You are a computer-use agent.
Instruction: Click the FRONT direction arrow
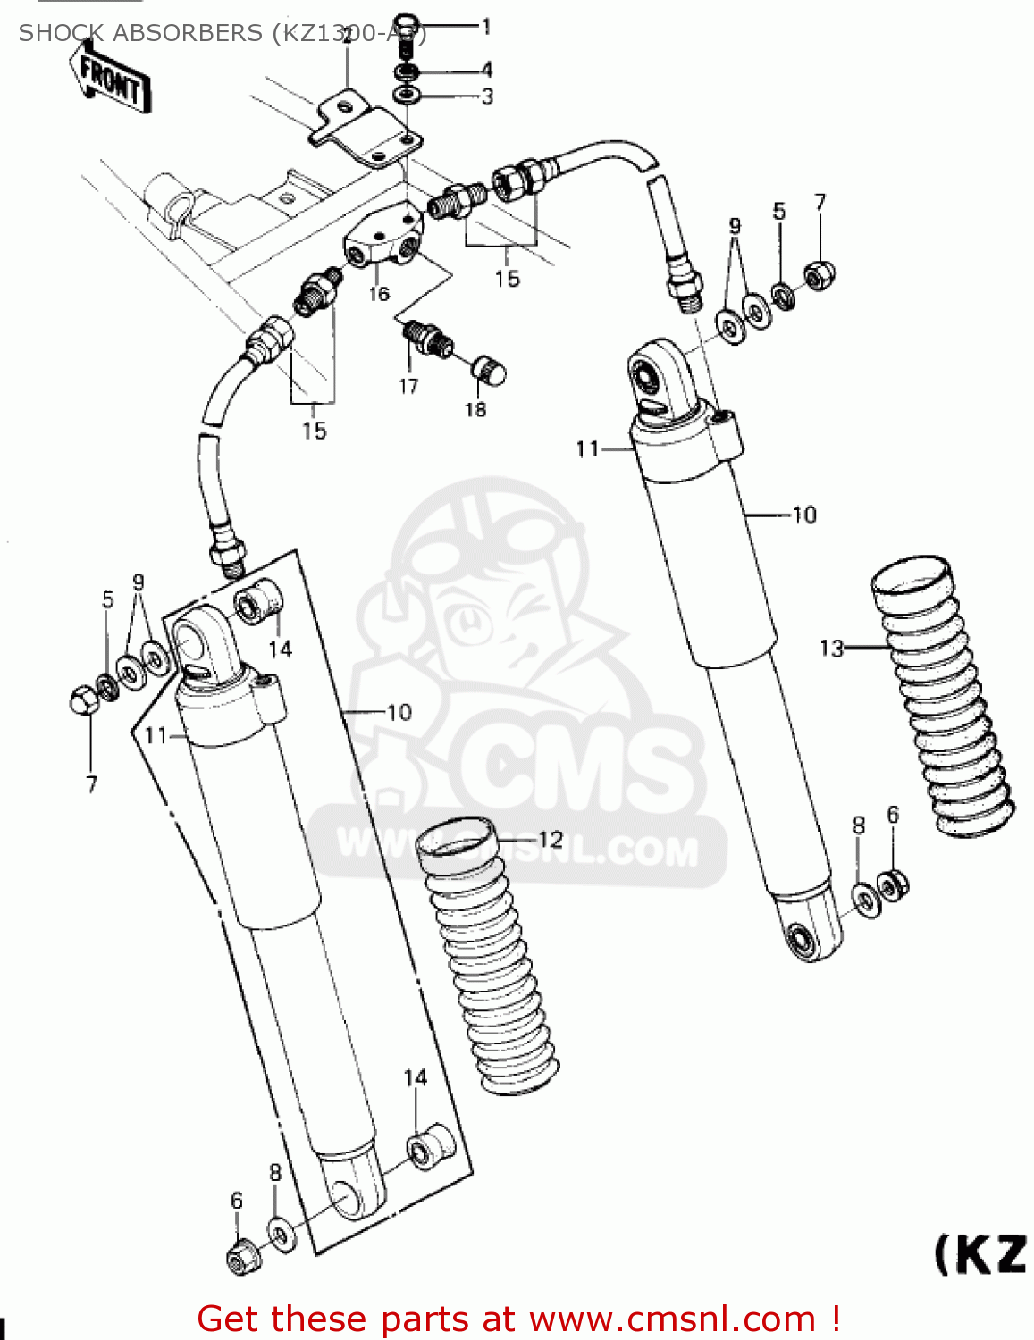[110, 80]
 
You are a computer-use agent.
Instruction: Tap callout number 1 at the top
[486, 27]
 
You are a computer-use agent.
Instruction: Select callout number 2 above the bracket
[346, 37]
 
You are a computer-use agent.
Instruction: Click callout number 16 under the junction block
[379, 294]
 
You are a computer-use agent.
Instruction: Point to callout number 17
[408, 386]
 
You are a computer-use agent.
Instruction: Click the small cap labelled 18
[488, 368]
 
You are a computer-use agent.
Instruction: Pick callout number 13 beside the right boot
[831, 648]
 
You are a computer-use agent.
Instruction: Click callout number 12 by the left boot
[551, 839]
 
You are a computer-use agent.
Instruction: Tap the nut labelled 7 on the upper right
[819, 276]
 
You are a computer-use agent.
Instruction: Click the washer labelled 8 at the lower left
[281, 1235]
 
